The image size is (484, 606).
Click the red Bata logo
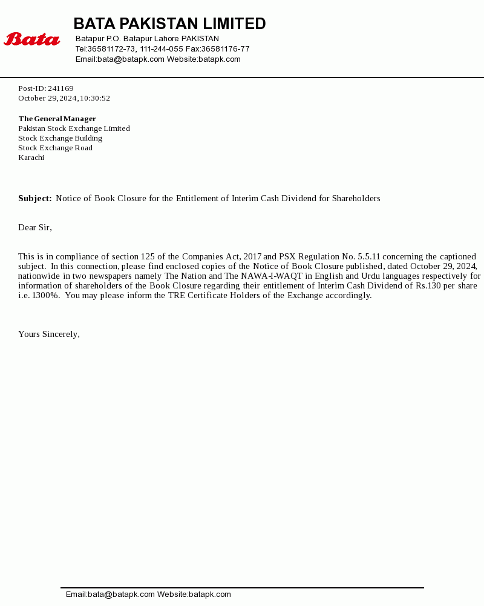tap(32, 39)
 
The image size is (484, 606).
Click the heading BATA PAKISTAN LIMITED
tap(169, 24)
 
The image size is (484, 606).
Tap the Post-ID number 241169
tap(60, 88)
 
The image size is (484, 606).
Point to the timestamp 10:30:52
tap(95, 98)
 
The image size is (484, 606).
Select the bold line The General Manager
tap(57, 119)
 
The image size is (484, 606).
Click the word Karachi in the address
tap(31, 158)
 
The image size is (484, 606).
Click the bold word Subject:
tap(35, 199)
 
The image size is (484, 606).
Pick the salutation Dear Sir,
tap(35, 228)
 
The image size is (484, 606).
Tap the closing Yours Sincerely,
tap(49, 334)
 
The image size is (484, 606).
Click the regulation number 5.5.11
tap(368, 257)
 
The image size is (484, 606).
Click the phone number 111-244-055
tap(162, 49)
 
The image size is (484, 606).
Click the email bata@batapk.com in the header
tap(131, 59)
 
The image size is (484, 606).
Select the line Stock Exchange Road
tap(55, 148)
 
